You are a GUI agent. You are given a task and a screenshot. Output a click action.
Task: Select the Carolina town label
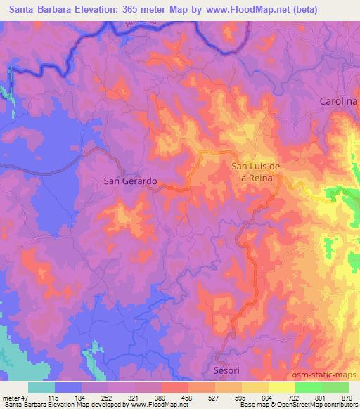click(x=338, y=102)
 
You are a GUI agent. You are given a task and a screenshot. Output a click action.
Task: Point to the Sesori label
click(x=227, y=370)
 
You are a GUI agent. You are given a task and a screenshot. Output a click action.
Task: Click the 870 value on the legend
click(x=347, y=397)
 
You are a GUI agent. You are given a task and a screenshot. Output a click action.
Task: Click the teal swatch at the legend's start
click(x=41, y=387)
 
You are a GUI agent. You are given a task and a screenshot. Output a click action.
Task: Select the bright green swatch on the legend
click(x=309, y=387)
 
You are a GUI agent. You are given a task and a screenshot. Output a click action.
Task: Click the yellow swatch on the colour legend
click(x=282, y=387)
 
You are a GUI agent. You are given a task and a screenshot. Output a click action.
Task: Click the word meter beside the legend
click(x=11, y=397)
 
